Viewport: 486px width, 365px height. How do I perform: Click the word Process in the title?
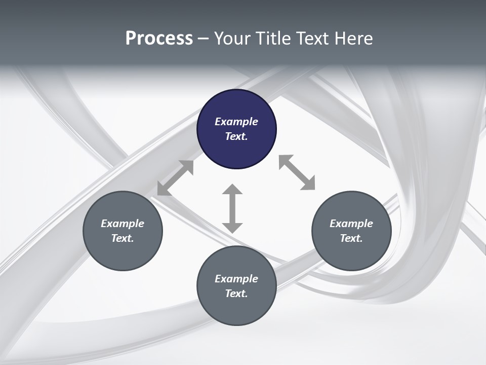point(159,39)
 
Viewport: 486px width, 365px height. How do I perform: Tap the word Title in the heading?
point(272,39)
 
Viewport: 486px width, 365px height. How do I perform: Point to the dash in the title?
point(204,39)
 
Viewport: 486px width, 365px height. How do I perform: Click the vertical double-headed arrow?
point(232,208)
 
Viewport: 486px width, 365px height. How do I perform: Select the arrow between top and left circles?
point(175,178)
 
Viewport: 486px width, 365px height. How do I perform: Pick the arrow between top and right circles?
point(297,172)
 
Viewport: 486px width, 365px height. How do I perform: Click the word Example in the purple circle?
point(236,122)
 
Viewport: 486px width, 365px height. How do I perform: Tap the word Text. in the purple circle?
point(236,136)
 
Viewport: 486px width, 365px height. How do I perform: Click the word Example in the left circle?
point(123,224)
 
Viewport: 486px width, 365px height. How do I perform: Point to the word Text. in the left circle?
point(123,238)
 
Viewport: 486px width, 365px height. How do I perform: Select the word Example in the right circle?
point(351,224)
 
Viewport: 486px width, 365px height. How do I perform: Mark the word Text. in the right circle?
point(351,238)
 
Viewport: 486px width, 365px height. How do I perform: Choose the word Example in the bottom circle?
point(236,279)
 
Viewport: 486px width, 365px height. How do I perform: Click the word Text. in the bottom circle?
point(236,294)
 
